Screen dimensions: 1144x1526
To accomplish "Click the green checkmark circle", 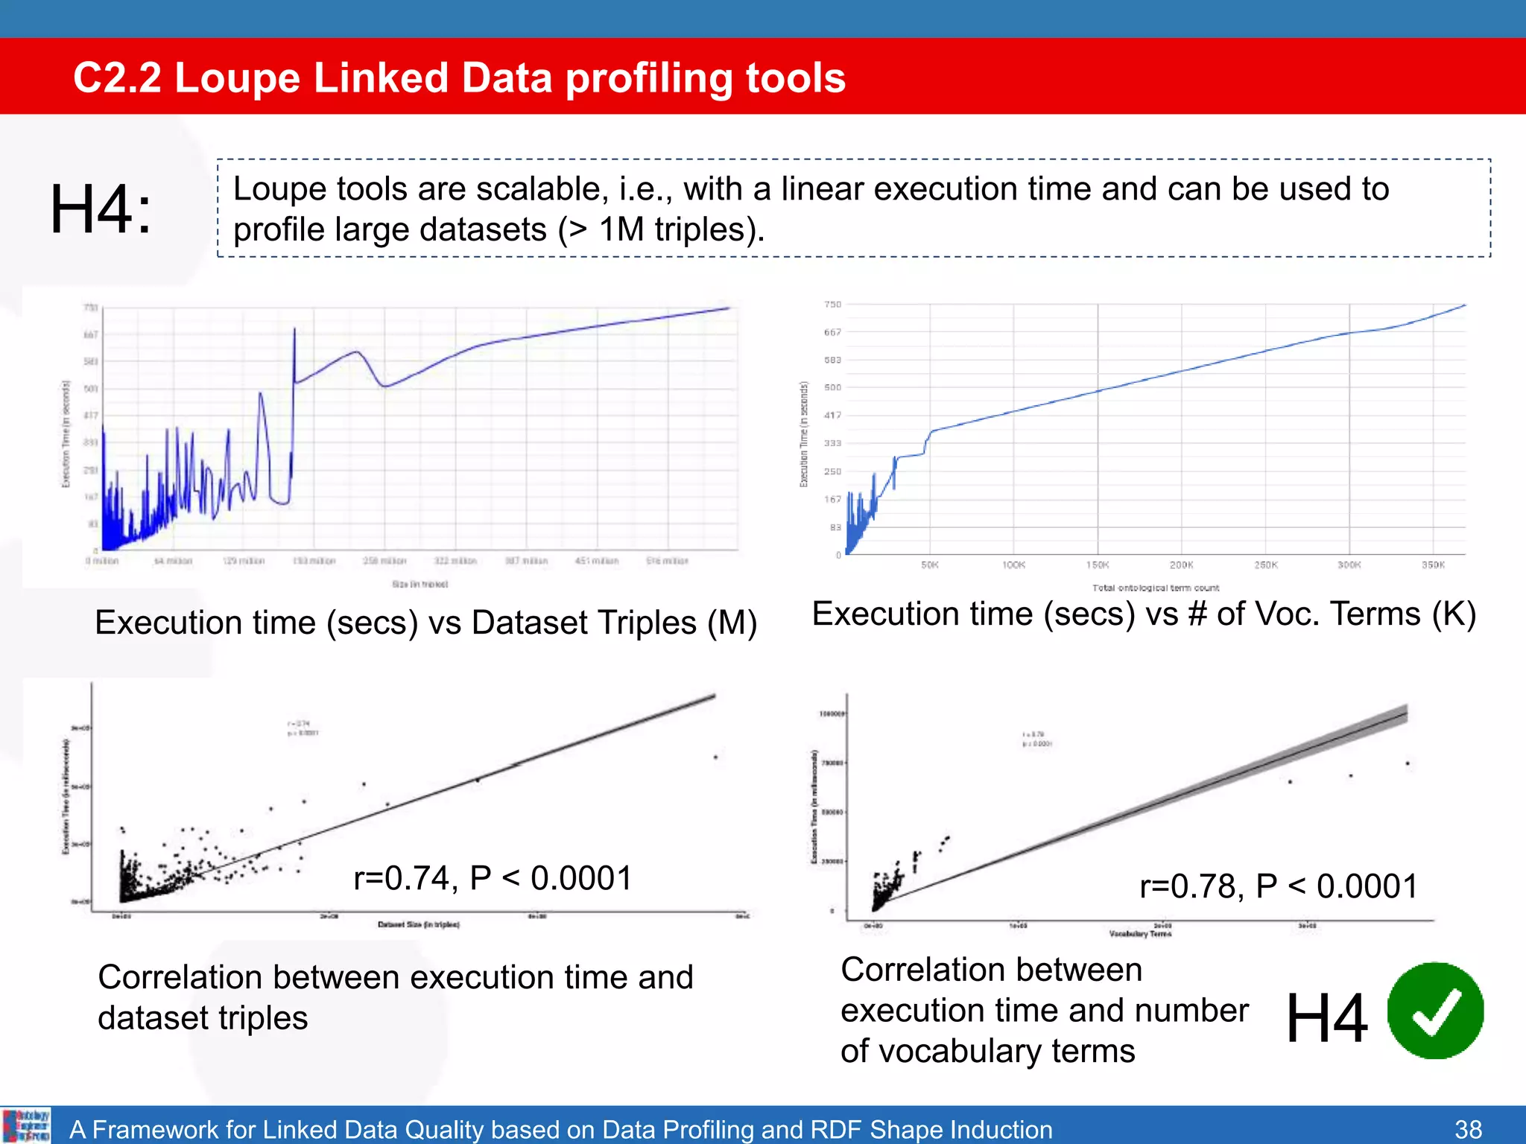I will coord(1435,1011).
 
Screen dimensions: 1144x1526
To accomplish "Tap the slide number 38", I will coord(1468,1129).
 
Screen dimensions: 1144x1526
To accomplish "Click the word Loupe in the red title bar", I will coord(238,77).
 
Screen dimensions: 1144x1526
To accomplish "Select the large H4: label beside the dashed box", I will coord(101,210).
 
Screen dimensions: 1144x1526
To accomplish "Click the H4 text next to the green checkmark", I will coord(1326,1018).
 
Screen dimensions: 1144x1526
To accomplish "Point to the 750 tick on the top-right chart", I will coord(832,305).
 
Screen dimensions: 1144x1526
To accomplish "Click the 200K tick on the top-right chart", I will coord(1181,565).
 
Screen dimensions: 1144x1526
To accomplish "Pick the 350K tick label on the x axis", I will coord(1433,565).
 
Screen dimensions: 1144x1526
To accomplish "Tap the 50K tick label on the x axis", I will coord(930,565).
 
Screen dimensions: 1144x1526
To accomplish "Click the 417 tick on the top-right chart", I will coord(832,416).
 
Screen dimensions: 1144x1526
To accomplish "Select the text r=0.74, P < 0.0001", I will coord(493,878).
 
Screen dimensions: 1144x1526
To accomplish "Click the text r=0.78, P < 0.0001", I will coord(1279,886).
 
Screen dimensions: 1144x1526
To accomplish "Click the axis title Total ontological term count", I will coord(1156,588).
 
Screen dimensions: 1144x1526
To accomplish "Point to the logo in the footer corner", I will coord(26,1125).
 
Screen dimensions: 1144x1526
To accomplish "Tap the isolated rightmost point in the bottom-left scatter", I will coord(715,757).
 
